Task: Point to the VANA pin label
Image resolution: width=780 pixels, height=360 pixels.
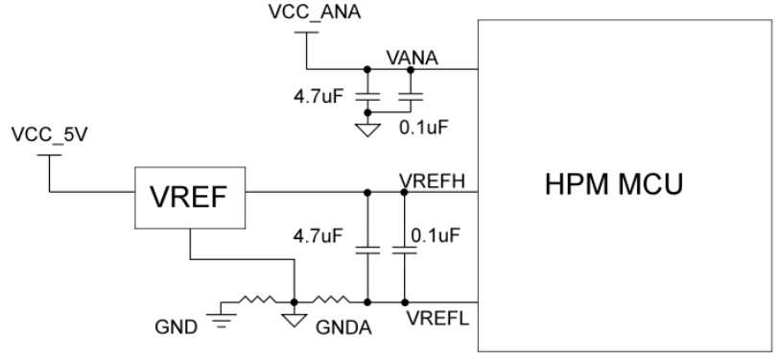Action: tap(412, 58)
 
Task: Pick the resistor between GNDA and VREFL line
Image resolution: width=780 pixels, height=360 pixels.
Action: tap(329, 300)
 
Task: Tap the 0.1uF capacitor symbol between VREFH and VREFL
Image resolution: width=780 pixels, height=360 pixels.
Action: tap(404, 251)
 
